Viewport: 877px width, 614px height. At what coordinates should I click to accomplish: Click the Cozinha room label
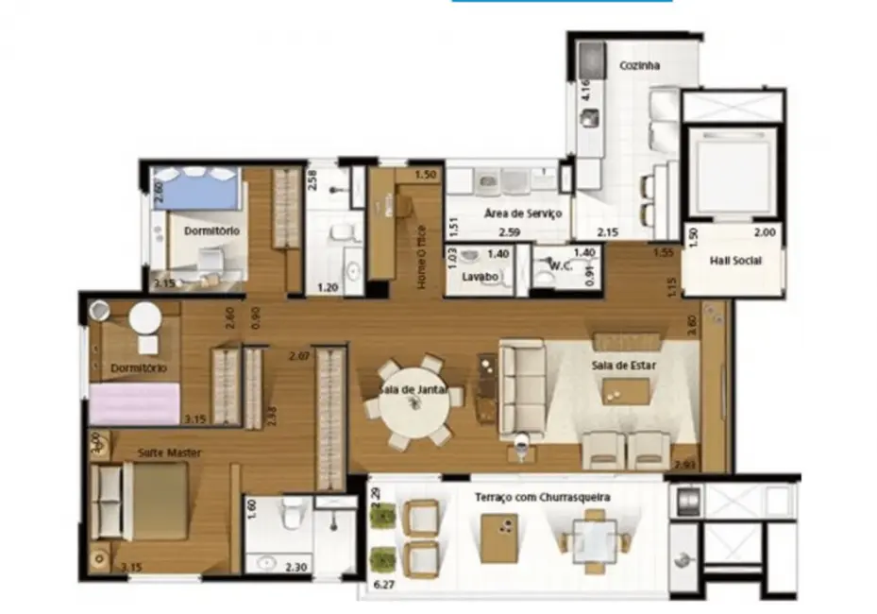pos(639,66)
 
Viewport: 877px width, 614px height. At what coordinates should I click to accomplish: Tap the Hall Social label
pos(734,261)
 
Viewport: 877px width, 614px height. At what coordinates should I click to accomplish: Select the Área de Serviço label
pos(523,214)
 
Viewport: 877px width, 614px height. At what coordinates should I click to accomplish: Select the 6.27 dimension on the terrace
pos(384,586)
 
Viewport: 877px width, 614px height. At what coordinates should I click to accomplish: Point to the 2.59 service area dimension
pos(509,232)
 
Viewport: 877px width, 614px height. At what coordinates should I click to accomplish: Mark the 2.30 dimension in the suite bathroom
pos(295,567)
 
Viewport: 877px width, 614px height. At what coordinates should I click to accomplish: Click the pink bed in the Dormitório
pos(135,403)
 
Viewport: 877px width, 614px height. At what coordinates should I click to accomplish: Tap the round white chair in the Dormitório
pos(145,318)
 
